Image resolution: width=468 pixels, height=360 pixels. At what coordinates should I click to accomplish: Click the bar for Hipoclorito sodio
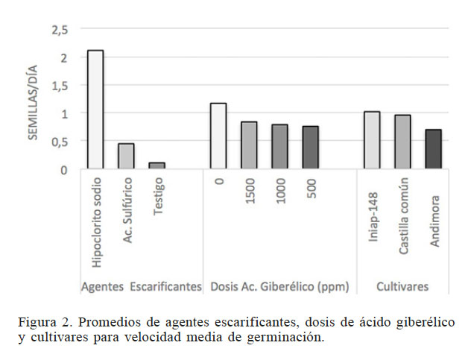coord(95,110)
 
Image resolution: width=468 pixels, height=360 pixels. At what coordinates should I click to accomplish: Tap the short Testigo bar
coord(156,165)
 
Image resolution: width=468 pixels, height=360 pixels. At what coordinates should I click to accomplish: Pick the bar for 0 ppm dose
coord(218,136)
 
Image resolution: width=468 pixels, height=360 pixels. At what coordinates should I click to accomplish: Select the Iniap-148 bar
coord(372,140)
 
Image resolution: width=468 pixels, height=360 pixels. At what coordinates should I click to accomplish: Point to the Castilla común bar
coord(402,142)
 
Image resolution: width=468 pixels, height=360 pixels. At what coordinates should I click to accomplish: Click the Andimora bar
coord(433,149)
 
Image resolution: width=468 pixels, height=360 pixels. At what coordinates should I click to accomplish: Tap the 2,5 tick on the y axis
coord(60,30)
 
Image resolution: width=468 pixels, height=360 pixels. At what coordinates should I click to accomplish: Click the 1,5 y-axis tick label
coord(60,86)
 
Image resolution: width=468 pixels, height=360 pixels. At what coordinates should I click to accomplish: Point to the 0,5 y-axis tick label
coord(60,142)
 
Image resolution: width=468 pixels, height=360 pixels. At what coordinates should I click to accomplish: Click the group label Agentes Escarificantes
coord(141,286)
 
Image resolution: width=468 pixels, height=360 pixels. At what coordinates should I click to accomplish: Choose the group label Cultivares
coord(402,286)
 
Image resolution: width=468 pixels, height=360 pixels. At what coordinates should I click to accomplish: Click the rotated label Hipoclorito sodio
coord(98,222)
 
